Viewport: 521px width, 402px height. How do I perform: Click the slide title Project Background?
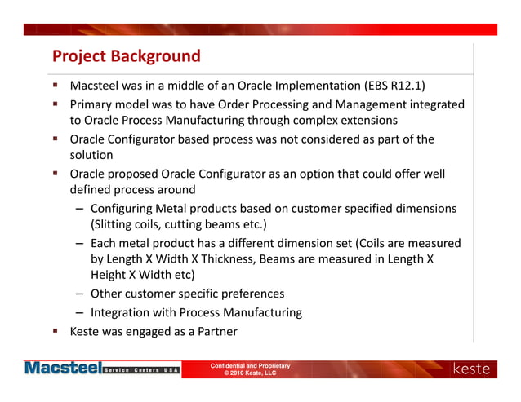127,56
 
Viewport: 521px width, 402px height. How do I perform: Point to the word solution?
91,155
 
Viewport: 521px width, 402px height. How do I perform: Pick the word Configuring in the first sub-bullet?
124,209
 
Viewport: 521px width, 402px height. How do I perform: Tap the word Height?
109,276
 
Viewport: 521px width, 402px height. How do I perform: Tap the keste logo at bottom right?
473,369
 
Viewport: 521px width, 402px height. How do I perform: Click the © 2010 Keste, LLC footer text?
250,373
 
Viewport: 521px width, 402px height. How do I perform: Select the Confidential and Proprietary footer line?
250,366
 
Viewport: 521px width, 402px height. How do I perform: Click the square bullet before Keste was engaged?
55,332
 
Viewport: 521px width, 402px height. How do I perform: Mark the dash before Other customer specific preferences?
81,294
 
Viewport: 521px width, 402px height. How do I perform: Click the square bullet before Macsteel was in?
55,85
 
